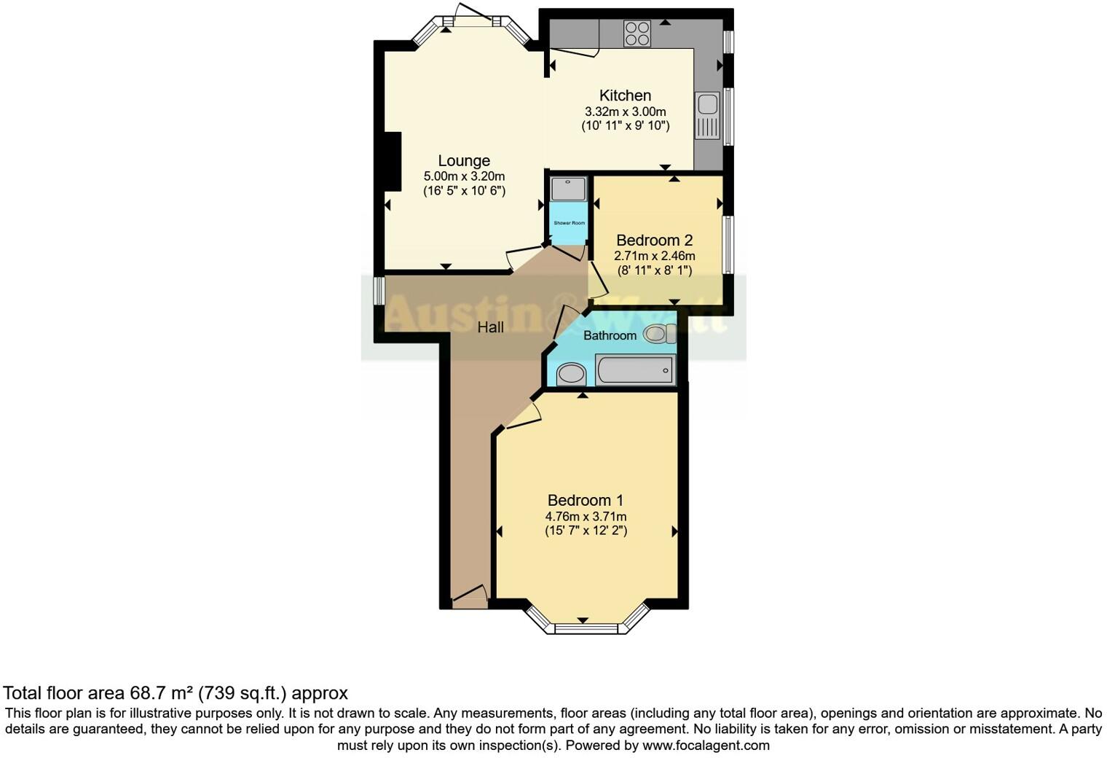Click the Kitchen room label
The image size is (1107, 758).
[625, 95]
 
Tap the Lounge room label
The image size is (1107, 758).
[464, 161]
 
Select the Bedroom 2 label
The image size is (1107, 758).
[654, 241]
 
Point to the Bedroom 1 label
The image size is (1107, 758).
[586, 501]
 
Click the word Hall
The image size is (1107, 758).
[490, 328]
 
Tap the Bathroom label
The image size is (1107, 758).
[610, 336]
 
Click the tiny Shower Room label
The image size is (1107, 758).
[569, 223]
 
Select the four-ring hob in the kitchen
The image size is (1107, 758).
[637, 34]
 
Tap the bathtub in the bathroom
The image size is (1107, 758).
[634, 370]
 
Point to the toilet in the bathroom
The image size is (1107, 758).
[658, 334]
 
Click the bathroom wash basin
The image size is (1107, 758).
[571, 375]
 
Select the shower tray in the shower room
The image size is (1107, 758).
[568, 189]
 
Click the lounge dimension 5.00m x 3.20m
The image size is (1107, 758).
[464, 176]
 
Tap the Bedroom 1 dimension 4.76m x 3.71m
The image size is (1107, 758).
[586, 516]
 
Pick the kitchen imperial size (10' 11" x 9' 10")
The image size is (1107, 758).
[625, 126]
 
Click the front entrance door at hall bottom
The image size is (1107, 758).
[469, 600]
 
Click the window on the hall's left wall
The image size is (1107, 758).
[378, 291]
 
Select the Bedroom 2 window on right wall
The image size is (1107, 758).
[728, 245]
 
